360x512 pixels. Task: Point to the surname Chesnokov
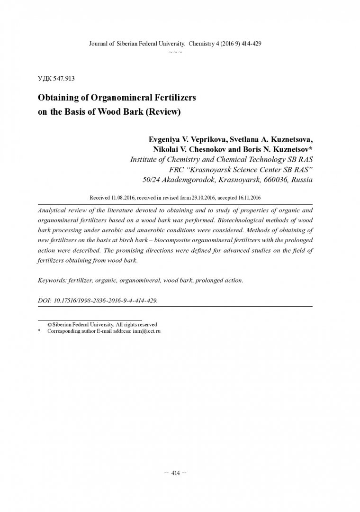(216, 149)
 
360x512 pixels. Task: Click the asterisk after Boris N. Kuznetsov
(311, 148)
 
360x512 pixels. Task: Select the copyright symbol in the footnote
(50, 324)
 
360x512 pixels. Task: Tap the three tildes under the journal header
(175, 51)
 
